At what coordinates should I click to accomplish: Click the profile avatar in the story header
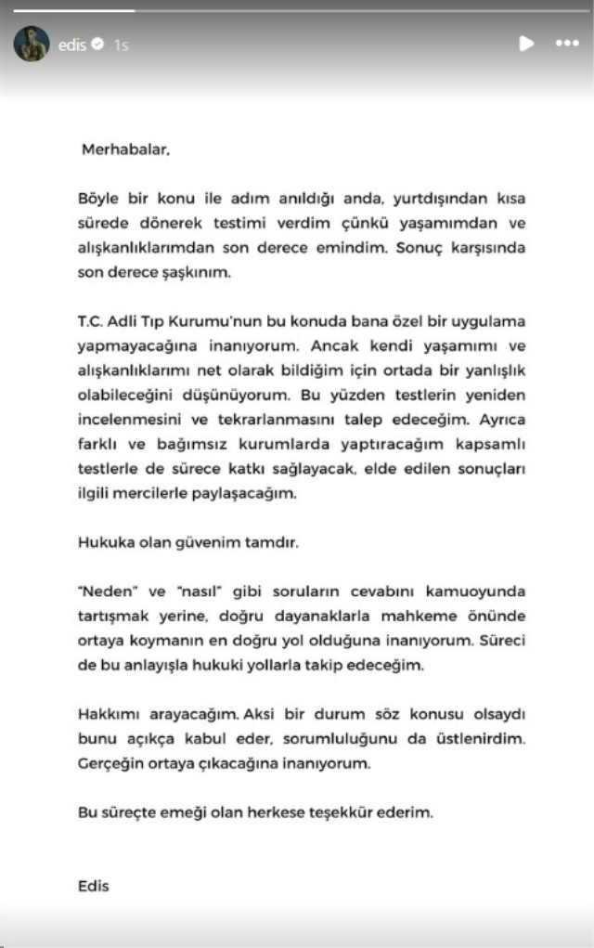[31, 44]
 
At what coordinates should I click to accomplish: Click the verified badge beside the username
[98, 44]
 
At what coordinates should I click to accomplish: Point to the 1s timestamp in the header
[121, 44]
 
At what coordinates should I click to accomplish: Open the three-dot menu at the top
[566, 44]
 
